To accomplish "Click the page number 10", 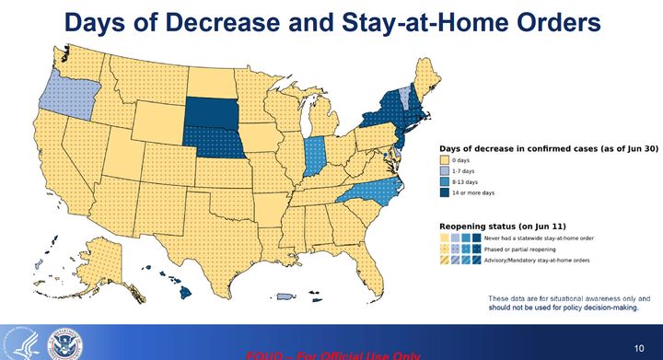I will pyautogui.click(x=639, y=347).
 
